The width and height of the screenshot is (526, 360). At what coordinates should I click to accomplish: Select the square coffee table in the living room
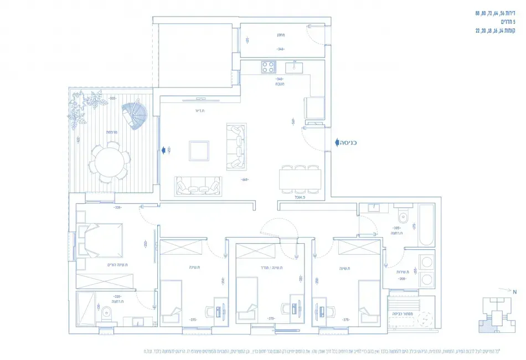click(x=199, y=150)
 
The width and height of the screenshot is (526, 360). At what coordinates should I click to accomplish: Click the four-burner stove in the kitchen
click(x=268, y=67)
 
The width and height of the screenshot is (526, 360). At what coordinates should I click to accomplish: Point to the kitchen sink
click(x=293, y=67)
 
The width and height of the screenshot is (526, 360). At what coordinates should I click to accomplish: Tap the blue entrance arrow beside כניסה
click(x=336, y=142)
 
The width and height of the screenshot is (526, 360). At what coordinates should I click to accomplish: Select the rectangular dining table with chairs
click(x=300, y=179)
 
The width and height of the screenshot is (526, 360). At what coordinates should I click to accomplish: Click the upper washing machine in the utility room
click(x=427, y=262)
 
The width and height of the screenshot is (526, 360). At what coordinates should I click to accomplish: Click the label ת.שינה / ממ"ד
click(x=272, y=268)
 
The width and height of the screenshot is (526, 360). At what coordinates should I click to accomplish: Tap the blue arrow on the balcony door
click(x=164, y=150)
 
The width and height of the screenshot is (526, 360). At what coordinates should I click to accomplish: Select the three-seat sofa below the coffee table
click(x=199, y=186)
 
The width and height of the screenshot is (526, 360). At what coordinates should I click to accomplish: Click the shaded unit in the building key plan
click(x=491, y=327)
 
